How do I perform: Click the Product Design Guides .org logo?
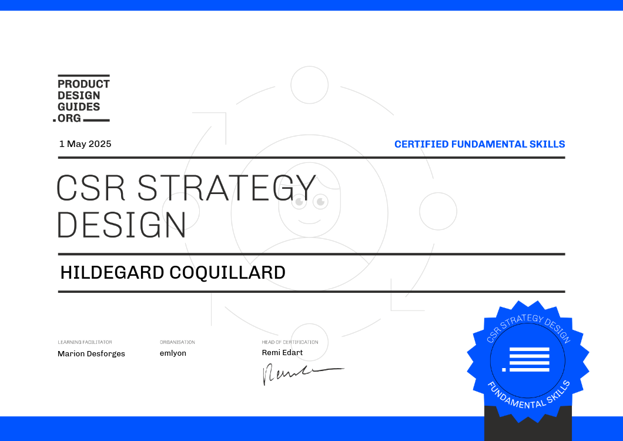coord(82,98)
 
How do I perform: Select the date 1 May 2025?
coord(85,144)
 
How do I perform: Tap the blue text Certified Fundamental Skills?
coord(480,144)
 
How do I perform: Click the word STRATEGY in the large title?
coord(226,188)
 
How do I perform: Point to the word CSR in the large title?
coord(91,188)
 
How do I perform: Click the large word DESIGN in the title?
coord(122,225)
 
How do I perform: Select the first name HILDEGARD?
coord(112,273)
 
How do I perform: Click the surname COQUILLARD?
coord(227,273)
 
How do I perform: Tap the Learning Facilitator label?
coord(85,342)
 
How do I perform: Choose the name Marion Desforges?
coord(91,353)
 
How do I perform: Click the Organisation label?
coord(177,342)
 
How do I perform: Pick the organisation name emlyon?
coord(173,353)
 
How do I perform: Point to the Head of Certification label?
coord(290,342)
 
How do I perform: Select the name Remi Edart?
coord(282,352)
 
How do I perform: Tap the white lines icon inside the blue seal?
coord(525,359)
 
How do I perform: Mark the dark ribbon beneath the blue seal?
coord(528,424)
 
